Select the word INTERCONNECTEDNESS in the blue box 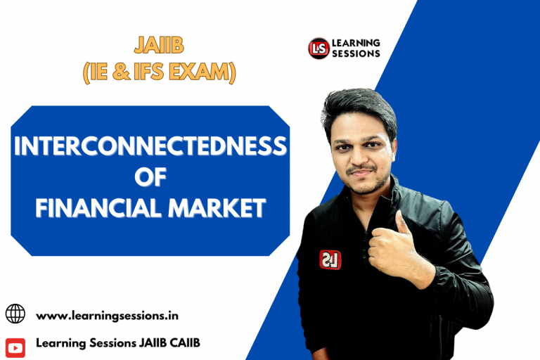pyautogui.click(x=150, y=146)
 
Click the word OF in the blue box pyautogui.click(x=150, y=176)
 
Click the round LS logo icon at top pyautogui.click(x=319, y=49)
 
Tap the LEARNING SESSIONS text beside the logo pyautogui.click(x=356, y=48)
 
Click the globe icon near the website pyautogui.click(x=15, y=314)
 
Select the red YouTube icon pyautogui.click(x=15, y=345)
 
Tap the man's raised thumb pyautogui.click(x=403, y=224)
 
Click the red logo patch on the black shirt pyautogui.click(x=330, y=259)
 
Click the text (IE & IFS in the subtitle pyautogui.click(x=134, y=72)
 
